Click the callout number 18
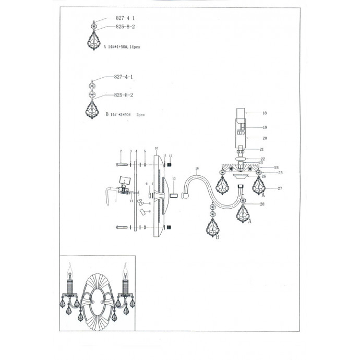(265, 113)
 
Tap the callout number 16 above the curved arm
(197, 169)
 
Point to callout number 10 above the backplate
(156, 149)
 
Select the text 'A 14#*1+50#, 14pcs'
(122, 47)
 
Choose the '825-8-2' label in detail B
(124, 95)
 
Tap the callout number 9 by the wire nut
(150, 211)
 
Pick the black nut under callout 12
(169, 164)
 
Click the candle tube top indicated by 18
(240, 112)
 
